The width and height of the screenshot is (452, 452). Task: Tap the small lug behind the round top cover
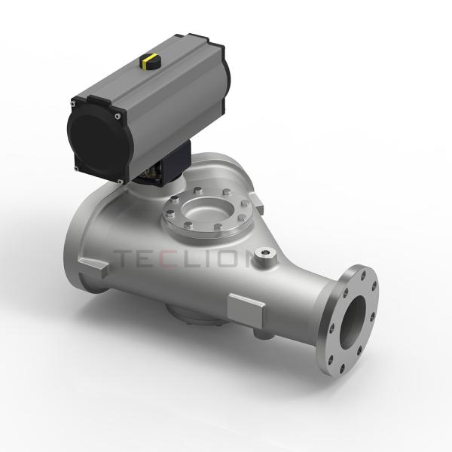pos(256,200)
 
